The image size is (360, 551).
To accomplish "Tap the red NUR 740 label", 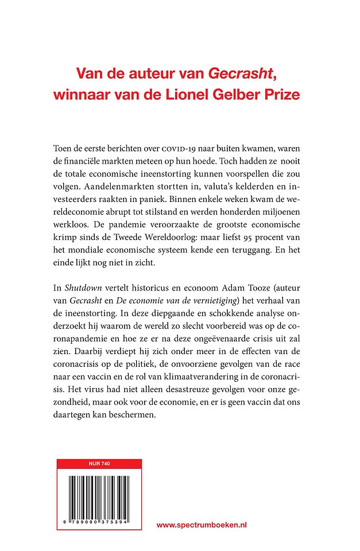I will (x=99, y=463).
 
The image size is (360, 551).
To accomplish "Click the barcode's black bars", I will (x=99, y=499).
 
